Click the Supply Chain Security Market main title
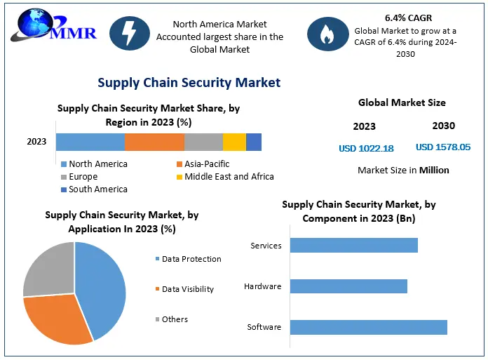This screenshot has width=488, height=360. pos(189,83)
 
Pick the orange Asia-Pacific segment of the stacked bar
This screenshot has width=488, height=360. pos(154,141)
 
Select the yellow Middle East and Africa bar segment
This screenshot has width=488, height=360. pos(234,141)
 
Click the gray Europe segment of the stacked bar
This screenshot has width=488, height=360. pos(203,141)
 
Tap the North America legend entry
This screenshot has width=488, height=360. pos(97,164)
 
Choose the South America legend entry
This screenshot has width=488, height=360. pos(97,189)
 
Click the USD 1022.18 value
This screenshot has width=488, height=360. pos(366,148)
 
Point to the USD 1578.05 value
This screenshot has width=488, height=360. pos(443,147)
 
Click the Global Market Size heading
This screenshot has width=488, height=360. pos(402,102)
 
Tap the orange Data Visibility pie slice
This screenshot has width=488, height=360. pos(56,319)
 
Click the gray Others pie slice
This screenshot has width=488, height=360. pos(49,270)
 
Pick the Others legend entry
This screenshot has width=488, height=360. pos(175,319)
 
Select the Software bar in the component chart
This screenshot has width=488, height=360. pos(368,327)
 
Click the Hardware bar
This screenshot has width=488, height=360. pos(348,286)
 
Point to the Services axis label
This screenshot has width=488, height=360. pos(266,246)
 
